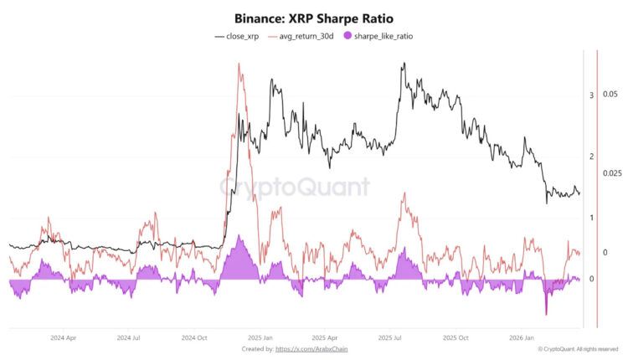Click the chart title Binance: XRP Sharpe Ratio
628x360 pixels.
click(313, 18)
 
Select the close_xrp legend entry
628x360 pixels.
click(240, 37)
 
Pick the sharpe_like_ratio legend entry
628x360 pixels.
click(383, 37)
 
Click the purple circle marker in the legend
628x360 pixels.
click(347, 37)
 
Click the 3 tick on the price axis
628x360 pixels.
click(591, 96)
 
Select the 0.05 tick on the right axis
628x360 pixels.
click(610, 93)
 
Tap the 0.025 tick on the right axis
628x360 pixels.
click(612, 173)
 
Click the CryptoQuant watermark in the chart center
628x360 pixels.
click(294, 186)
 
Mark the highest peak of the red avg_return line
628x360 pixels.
click(240, 64)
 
